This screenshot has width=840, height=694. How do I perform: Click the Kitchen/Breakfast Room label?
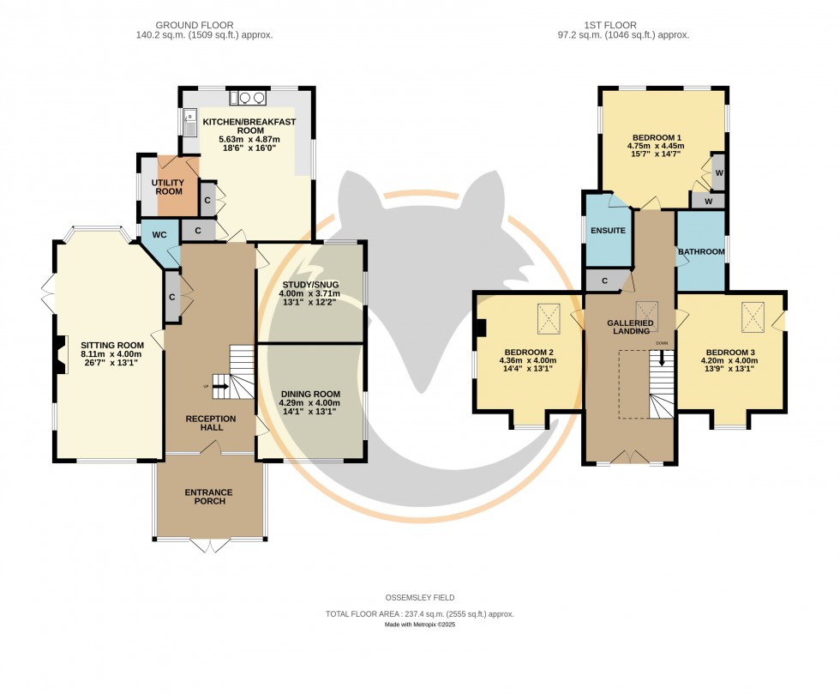coord(249,126)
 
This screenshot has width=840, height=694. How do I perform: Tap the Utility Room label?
coord(168,187)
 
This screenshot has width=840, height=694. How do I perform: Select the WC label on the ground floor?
coord(159,235)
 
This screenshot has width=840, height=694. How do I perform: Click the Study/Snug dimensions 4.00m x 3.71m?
coord(309,293)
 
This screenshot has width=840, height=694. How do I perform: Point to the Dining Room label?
coord(310,394)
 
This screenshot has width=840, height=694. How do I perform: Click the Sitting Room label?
coord(112,346)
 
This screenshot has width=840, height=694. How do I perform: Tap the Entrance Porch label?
coord(209,497)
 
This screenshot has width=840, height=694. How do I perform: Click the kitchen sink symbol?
coord(189,123)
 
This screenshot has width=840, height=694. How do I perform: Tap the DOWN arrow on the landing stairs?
coord(662,358)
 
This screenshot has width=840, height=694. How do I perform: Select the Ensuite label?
coord(608,231)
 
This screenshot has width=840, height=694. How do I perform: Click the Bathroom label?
coord(701,251)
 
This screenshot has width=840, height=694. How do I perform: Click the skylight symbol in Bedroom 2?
coord(549,318)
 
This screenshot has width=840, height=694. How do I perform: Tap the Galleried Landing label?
coord(630,327)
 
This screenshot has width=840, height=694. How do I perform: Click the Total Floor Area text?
coord(419,614)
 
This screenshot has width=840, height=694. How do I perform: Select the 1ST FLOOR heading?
coord(610,25)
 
